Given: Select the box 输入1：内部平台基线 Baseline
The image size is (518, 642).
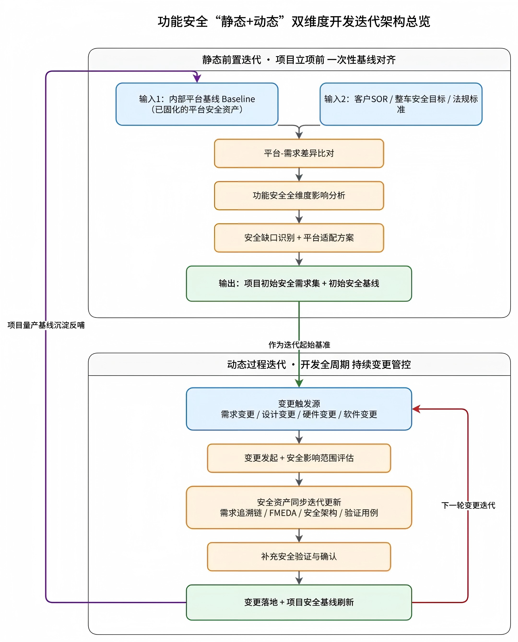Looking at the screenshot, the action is coord(197,104).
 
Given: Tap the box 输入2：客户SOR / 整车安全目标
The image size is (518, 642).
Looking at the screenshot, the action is coord(401,104).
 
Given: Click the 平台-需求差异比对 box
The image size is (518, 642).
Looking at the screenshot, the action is coord(299,153).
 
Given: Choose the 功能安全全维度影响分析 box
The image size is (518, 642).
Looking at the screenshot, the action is coord(299,196).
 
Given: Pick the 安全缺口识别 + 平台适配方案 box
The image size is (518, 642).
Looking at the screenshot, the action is coord(299,238).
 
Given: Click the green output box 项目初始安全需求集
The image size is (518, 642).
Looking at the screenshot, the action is coord(299,284).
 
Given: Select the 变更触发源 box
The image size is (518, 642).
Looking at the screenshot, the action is coord(299,409).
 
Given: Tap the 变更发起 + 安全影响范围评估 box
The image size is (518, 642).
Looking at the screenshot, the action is coord(299,458).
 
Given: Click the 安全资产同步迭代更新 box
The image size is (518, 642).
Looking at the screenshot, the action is coord(299,507).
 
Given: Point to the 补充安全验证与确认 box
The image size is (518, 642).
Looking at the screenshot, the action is coord(299,557).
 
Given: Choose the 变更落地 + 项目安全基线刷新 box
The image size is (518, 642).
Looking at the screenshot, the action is coord(299,602).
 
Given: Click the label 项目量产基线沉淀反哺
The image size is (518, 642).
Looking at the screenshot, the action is coord(46,325).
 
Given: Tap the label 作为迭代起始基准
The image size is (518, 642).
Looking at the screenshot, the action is coord(299,345).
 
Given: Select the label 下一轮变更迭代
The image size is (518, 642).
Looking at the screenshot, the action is coord(468,505).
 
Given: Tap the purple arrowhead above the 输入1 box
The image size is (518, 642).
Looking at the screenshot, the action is coord(197,78).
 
